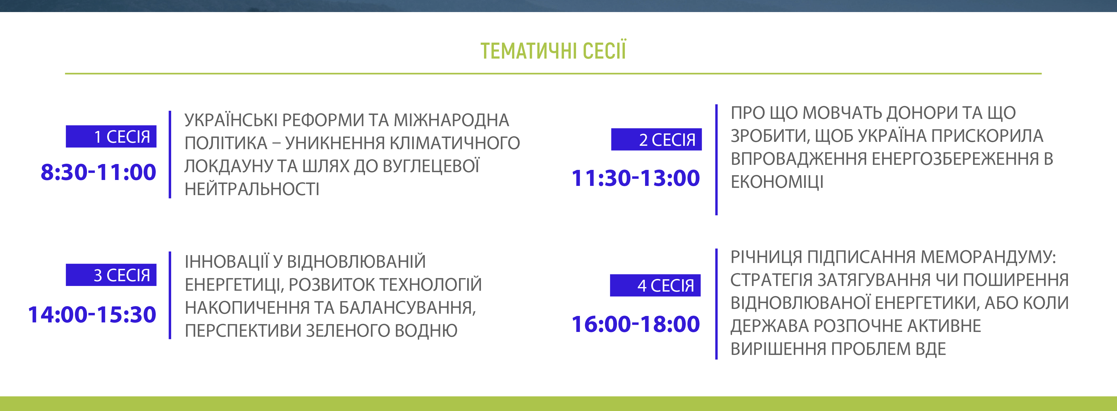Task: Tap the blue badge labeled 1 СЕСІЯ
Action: click(x=111, y=137)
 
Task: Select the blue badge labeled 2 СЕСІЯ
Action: click(x=657, y=139)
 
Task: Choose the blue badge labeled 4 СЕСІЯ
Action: click(x=655, y=285)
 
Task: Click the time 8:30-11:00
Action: click(x=98, y=172)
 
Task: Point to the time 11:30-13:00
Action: click(x=636, y=178)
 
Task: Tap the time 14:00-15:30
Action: click(x=92, y=315)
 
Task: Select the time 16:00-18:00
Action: click(x=636, y=324)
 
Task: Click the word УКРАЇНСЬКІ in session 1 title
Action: click(x=231, y=120)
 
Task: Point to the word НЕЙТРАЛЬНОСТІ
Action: click(x=252, y=189)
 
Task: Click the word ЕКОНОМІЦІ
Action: click(x=777, y=182)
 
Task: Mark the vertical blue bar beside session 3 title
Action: click(x=170, y=295)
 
